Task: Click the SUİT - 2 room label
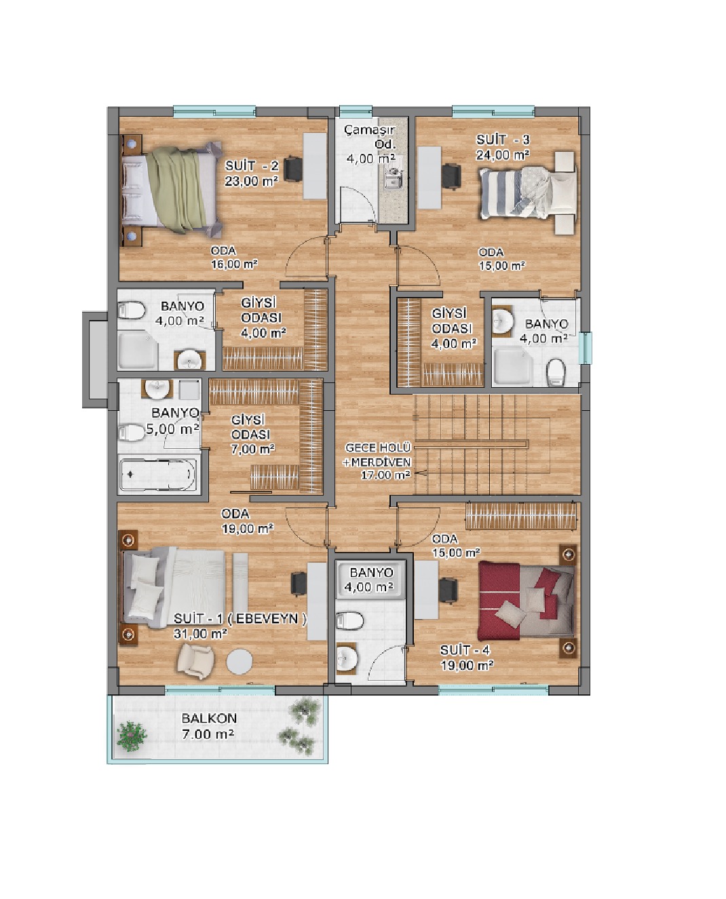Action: point(252,166)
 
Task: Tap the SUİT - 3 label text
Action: point(503,140)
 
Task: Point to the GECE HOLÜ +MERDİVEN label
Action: point(378,455)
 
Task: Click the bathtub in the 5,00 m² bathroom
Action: point(158,475)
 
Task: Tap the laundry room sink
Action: point(393,179)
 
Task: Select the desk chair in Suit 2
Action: point(292,169)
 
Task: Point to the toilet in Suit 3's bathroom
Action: point(556,373)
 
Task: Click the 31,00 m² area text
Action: point(200,634)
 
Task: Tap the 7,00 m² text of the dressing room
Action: point(252,449)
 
